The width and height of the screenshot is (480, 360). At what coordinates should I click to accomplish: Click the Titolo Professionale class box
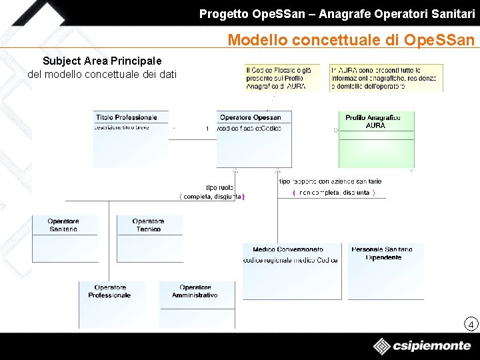pos(131,139)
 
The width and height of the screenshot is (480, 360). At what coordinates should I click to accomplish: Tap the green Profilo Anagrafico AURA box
pos(375,139)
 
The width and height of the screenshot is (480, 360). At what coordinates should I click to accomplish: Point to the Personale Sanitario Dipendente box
pos(383,271)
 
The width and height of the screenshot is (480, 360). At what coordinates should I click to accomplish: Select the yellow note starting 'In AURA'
pos(376,77)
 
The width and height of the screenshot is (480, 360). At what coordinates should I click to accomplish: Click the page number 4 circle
pos(471,325)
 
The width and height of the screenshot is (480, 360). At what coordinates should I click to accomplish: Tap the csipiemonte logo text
pos(432,347)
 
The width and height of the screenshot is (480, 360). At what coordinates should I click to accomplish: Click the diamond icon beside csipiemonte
pos(382,347)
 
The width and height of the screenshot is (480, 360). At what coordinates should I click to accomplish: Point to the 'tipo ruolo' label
pos(219,187)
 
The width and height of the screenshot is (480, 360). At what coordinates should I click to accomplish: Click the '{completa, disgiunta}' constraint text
pos(212,197)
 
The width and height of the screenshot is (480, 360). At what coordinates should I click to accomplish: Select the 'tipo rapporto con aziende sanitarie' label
pos(329,181)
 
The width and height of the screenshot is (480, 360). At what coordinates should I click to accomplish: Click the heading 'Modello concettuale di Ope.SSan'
pos(351,40)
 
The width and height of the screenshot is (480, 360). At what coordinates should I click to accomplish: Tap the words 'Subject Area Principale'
pos(102,61)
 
